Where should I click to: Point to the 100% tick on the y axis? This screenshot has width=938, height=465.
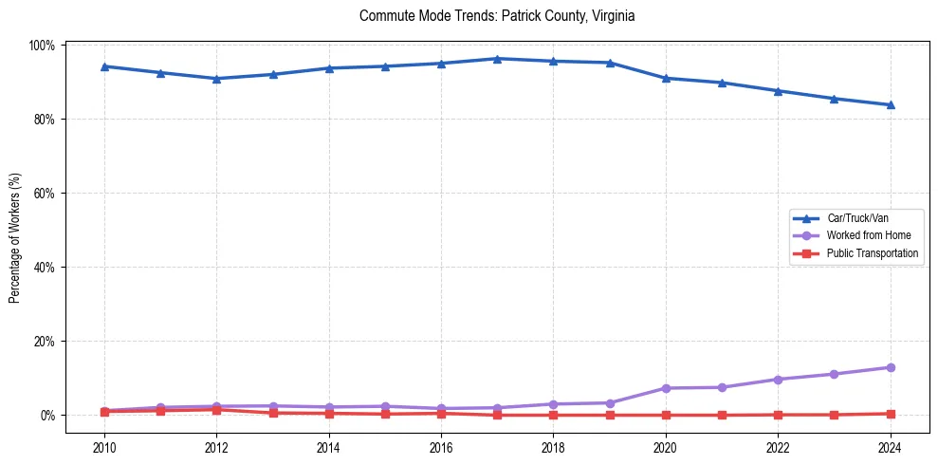point(45,46)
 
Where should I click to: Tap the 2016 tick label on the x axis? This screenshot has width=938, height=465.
point(440,446)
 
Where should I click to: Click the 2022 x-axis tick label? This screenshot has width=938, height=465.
point(777,446)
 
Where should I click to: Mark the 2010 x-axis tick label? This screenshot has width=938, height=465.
point(104,446)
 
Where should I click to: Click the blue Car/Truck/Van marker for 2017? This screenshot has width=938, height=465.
point(497,59)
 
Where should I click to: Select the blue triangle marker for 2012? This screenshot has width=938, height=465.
point(216,79)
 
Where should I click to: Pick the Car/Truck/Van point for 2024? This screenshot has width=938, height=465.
point(890,104)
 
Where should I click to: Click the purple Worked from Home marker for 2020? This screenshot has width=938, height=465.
point(665,388)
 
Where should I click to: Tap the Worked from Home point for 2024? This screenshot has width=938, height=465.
point(890,367)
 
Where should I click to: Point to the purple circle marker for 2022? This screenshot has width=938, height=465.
point(778,380)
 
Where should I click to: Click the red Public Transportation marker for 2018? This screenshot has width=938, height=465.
point(553,415)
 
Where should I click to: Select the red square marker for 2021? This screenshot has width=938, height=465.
point(722,415)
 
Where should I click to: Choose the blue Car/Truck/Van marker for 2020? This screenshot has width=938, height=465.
point(665,78)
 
